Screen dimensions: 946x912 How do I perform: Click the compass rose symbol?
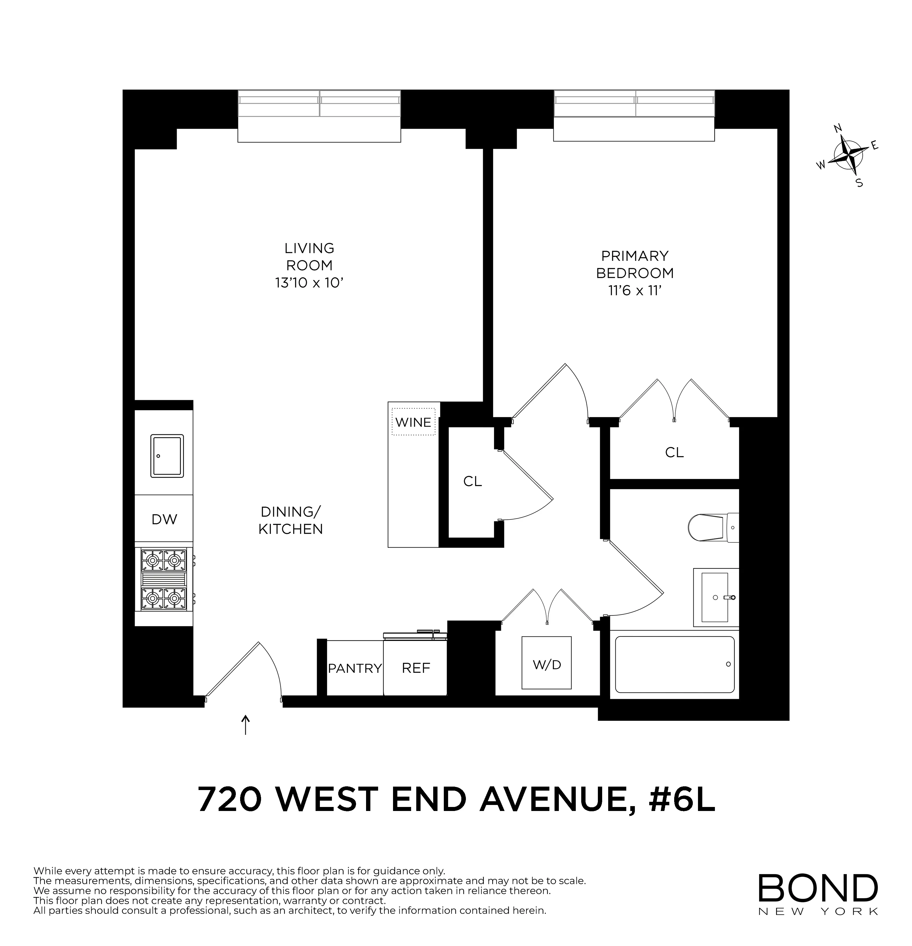pyautogui.click(x=849, y=155)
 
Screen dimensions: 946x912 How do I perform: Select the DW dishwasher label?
pyautogui.click(x=164, y=519)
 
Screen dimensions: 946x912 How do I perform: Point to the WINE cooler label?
pyautogui.click(x=413, y=422)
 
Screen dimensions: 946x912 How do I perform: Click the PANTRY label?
pyautogui.click(x=355, y=669)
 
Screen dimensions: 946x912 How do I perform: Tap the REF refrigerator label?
pyautogui.click(x=416, y=668)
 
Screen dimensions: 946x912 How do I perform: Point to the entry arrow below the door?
pyautogui.click(x=246, y=725)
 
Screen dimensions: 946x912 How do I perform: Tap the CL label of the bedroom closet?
pyautogui.click(x=674, y=452)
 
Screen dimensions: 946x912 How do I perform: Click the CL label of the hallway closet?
pyautogui.click(x=472, y=481)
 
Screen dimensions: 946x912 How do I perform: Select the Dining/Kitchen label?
pyautogui.click(x=290, y=520)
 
